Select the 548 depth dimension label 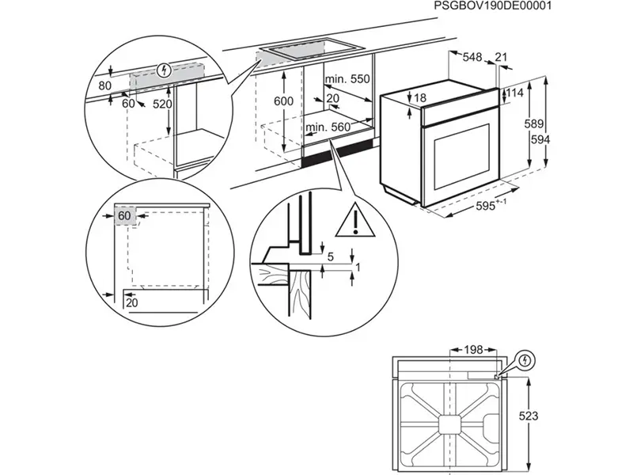[x=472, y=57]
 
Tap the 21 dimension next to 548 [x=501, y=57]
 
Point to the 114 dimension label [x=515, y=93]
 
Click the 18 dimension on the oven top [x=419, y=97]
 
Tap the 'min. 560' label [x=328, y=127]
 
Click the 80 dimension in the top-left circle [x=105, y=85]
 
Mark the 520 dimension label [x=161, y=104]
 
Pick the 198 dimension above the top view [x=473, y=349]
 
